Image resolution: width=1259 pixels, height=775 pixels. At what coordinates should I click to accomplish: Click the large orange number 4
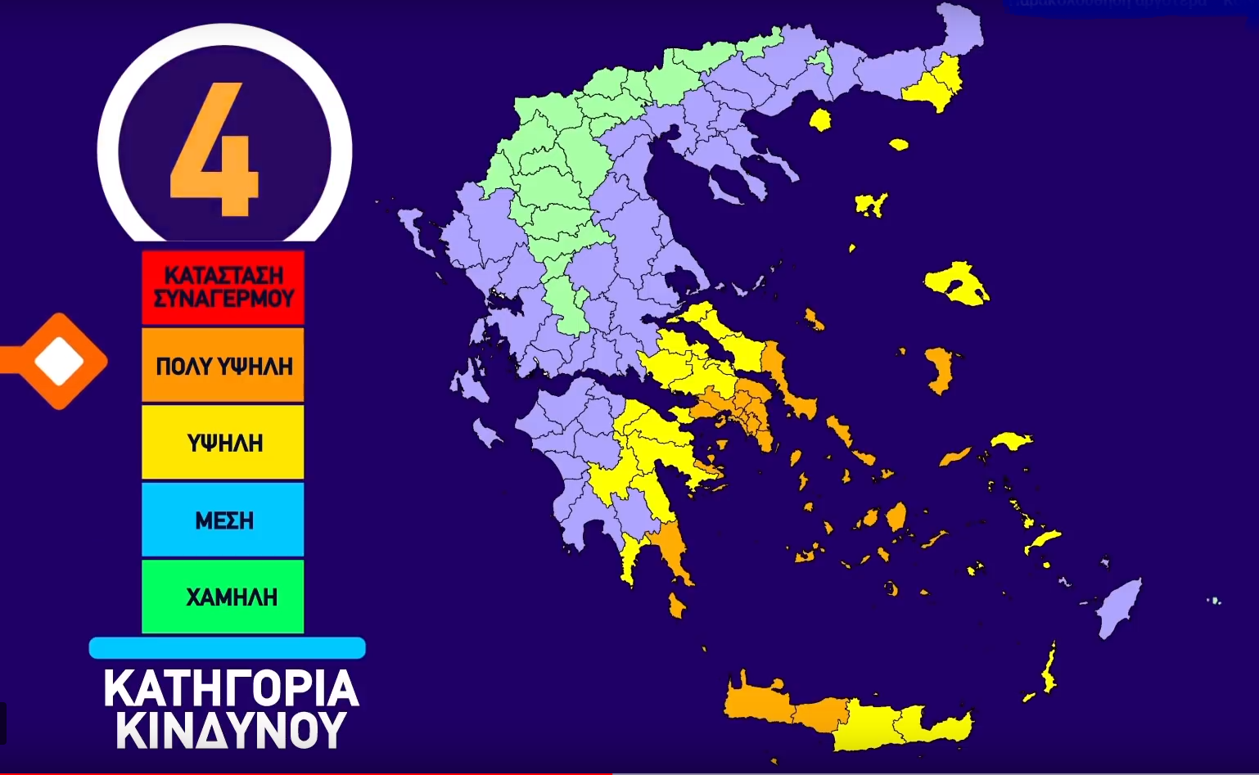(x=214, y=151)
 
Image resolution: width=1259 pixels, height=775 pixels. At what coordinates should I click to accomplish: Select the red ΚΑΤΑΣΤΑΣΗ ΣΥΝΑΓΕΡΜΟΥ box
(x=223, y=286)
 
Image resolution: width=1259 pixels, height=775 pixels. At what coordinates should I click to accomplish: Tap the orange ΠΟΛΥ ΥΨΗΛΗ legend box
(x=223, y=365)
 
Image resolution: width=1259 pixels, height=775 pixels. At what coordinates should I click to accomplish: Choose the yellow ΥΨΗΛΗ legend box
(x=223, y=442)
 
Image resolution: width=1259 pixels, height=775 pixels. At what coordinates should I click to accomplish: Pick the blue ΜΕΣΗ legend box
(x=223, y=520)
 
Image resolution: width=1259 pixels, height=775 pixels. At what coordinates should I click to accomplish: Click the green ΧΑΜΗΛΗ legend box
(x=223, y=597)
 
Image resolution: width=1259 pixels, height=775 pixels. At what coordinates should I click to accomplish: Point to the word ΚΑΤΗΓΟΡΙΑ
(x=231, y=689)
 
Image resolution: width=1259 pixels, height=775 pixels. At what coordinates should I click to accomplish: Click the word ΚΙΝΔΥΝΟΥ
(x=231, y=731)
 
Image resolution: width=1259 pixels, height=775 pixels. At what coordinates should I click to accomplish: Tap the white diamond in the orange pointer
(x=60, y=361)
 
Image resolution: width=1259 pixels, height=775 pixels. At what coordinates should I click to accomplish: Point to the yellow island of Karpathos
(x=1048, y=671)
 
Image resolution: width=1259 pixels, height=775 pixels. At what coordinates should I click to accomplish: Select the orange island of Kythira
(x=676, y=606)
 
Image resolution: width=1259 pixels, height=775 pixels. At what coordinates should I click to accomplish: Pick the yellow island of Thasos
(x=819, y=120)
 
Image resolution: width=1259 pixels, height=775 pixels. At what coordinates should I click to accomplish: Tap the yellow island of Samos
(x=1011, y=440)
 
